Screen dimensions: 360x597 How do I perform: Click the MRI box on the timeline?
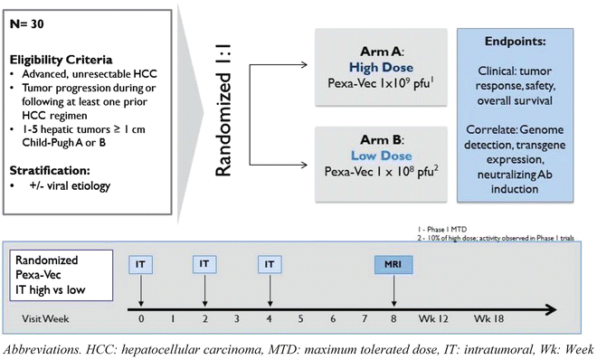[394, 263]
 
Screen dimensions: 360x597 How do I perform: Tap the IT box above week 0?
[141, 263]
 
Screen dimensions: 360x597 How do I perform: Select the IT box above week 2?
[204, 263]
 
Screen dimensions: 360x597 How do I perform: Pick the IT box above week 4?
[268, 263]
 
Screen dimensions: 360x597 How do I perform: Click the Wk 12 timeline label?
[440, 319]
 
